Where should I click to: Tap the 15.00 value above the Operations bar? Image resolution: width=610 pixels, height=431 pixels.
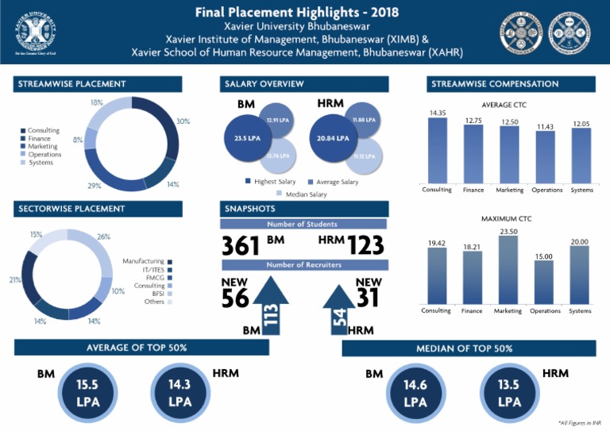[x=543, y=256]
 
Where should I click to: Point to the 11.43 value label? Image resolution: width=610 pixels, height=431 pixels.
[x=544, y=127]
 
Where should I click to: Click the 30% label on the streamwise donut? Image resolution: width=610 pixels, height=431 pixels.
[x=183, y=121]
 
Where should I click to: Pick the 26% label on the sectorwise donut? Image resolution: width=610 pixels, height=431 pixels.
[x=103, y=237]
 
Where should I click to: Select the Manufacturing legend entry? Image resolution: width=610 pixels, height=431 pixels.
[x=148, y=261]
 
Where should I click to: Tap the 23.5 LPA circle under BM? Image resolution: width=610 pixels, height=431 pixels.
[x=247, y=138]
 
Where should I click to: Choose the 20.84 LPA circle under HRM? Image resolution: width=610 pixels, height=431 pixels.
[x=332, y=138]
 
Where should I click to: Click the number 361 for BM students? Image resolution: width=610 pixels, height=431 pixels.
[x=242, y=246]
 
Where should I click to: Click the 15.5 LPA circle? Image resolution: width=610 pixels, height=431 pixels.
[x=87, y=393]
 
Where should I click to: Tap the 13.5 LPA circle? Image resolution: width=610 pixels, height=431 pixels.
[x=509, y=393]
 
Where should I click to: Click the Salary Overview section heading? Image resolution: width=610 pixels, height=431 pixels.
[x=303, y=84]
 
